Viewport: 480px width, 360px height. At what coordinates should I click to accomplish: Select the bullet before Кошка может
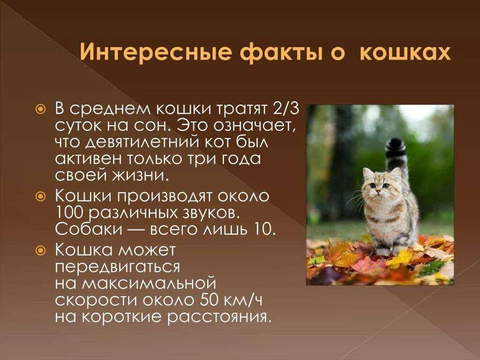[x=41, y=250]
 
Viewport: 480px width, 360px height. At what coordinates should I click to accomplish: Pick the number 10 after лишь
[x=265, y=229]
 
